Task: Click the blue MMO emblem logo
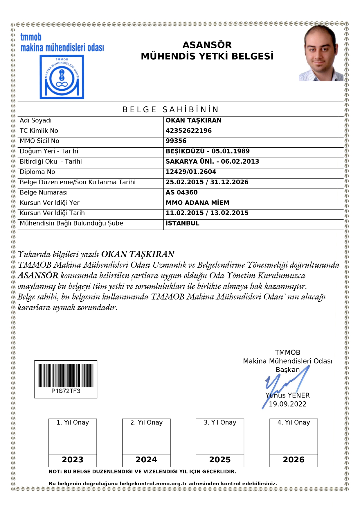click(62, 77)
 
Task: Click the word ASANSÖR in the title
click(207, 45)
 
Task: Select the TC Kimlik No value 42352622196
click(189, 131)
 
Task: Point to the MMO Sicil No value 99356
click(176, 141)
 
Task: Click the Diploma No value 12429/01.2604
click(191, 172)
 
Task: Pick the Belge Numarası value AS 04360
click(181, 193)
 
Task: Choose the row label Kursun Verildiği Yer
click(49, 203)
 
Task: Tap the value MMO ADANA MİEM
click(197, 203)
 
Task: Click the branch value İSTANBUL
click(182, 223)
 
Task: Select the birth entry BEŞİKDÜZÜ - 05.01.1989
click(208, 151)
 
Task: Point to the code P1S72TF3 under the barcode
click(66, 391)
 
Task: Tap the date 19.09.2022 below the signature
click(287, 404)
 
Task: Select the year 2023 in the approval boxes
click(73, 460)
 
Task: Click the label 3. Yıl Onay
click(220, 423)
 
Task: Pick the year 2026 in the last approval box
click(294, 460)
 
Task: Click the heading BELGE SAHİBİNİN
click(170, 110)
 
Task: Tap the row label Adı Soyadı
click(35, 121)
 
